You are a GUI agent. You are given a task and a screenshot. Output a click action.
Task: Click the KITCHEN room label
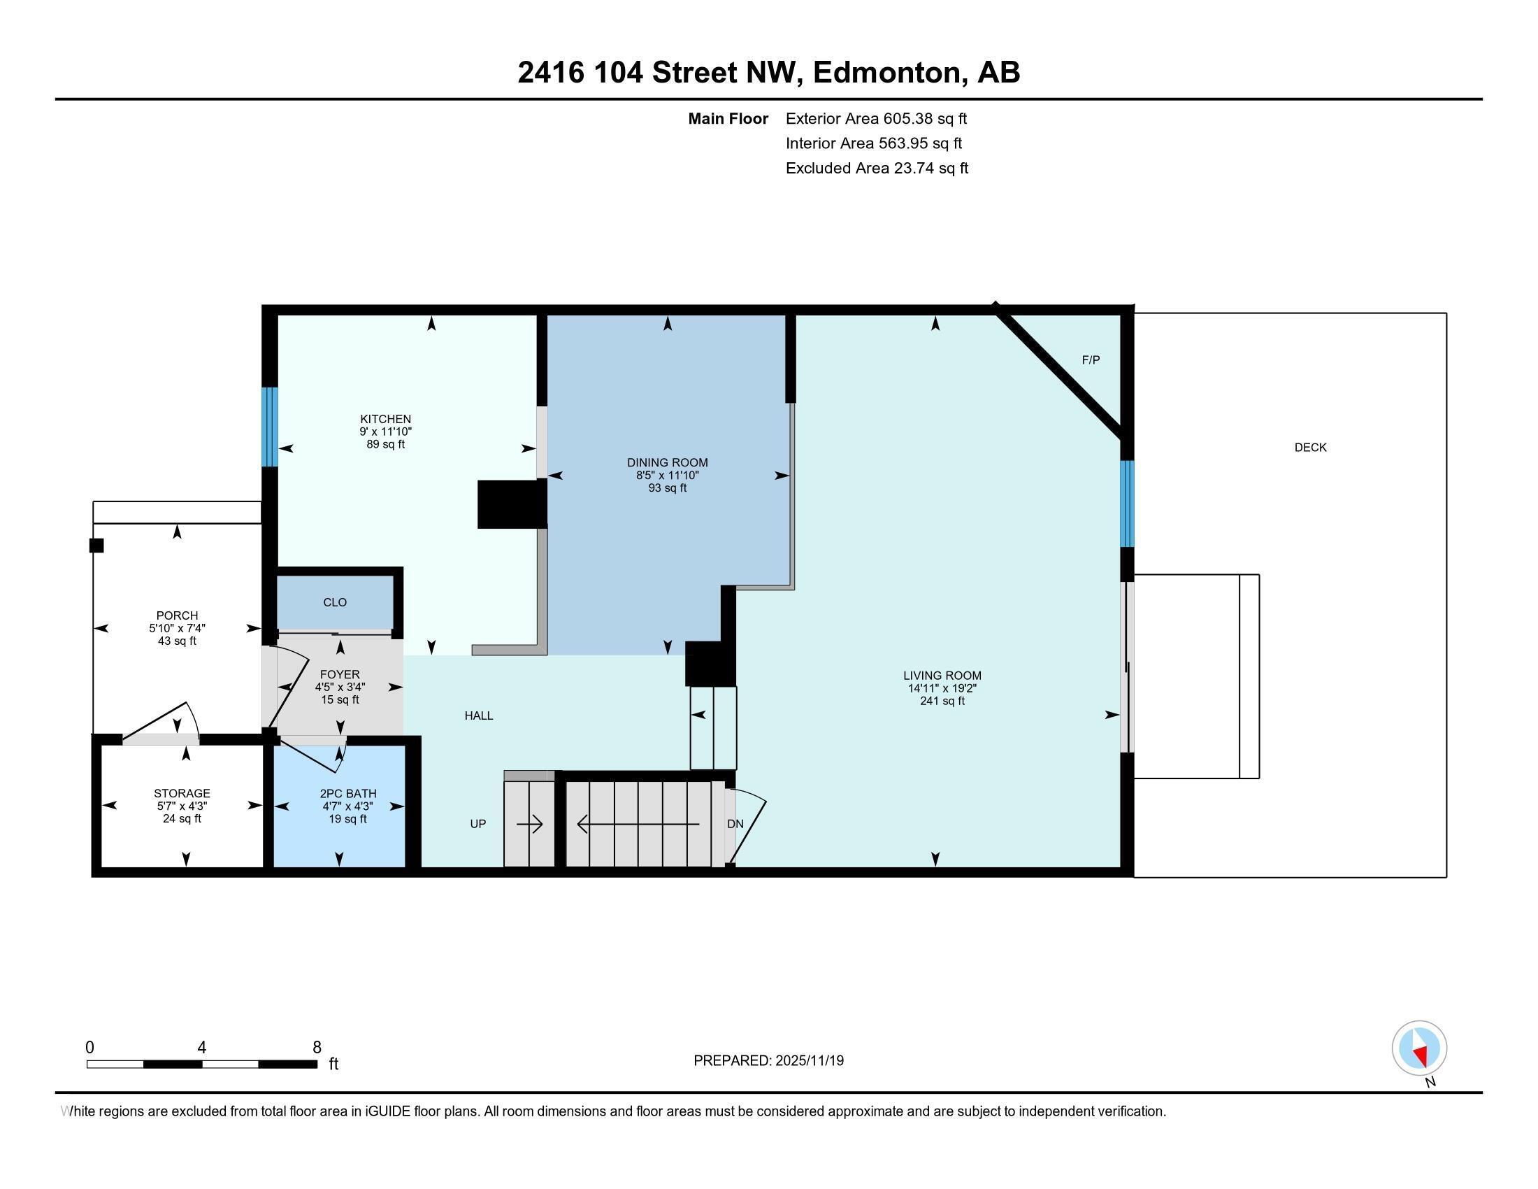tap(385, 418)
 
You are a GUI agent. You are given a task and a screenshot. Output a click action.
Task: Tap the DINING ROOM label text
tap(667, 462)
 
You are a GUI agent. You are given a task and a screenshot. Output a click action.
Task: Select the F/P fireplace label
tap(1090, 360)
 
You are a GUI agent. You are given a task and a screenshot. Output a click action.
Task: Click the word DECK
tap(1310, 448)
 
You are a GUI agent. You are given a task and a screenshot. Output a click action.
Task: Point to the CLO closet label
tap(334, 602)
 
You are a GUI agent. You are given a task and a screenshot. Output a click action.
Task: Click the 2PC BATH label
tap(348, 793)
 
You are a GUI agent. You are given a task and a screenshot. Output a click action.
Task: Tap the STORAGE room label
tap(182, 793)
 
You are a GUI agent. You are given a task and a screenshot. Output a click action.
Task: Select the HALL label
tap(478, 715)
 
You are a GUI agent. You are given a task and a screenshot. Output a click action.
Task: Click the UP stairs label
tap(477, 823)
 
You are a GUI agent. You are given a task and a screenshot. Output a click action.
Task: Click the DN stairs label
tap(735, 823)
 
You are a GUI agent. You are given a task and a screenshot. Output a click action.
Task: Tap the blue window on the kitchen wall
tap(270, 427)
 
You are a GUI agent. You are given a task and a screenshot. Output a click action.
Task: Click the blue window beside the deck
tap(1127, 504)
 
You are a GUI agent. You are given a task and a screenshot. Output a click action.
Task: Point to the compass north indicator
tap(1419, 1048)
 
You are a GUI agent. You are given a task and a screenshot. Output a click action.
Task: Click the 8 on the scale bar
tap(317, 1048)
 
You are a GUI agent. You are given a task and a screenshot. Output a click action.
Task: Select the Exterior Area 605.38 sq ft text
tap(876, 118)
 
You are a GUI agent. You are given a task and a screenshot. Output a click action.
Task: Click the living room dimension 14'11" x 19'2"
tap(942, 688)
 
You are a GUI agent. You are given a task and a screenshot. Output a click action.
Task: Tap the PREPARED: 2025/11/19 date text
tap(768, 1060)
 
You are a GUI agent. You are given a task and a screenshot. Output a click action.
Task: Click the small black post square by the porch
tap(96, 546)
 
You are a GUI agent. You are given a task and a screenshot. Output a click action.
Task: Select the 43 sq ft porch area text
tap(177, 641)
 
